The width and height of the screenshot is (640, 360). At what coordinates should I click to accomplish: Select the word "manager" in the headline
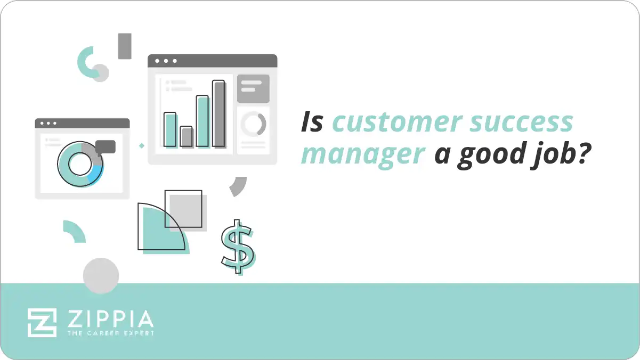[363, 154]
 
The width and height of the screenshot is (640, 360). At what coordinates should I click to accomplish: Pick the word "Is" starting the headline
[312, 122]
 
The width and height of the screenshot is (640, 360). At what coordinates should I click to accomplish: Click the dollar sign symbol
[238, 246]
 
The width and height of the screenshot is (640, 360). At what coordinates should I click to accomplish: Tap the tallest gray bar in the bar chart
[218, 113]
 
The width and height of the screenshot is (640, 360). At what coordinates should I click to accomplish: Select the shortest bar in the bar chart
[186, 136]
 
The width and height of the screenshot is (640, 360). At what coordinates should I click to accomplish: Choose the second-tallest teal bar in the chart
[202, 121]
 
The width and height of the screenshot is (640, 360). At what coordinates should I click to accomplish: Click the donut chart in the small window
[80, 165]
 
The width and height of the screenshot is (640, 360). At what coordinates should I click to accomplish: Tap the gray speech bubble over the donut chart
[106, 146]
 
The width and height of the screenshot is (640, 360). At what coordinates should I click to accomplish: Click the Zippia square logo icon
[42, 322]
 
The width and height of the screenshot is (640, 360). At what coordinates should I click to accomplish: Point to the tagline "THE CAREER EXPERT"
[110, 333]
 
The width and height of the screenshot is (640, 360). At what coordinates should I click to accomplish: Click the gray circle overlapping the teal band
[101, 276]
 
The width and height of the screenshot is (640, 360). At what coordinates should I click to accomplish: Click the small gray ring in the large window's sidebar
[253, 124]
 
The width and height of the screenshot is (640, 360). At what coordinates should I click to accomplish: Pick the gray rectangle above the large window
[125, 46]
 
